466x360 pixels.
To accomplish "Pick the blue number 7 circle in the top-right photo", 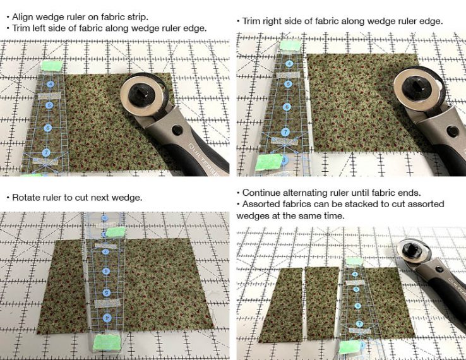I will click(x=285, y=132).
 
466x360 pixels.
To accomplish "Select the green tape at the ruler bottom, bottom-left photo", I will click(x=102, y=344).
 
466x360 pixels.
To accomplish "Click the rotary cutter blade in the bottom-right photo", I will click(x=416, y=252).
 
